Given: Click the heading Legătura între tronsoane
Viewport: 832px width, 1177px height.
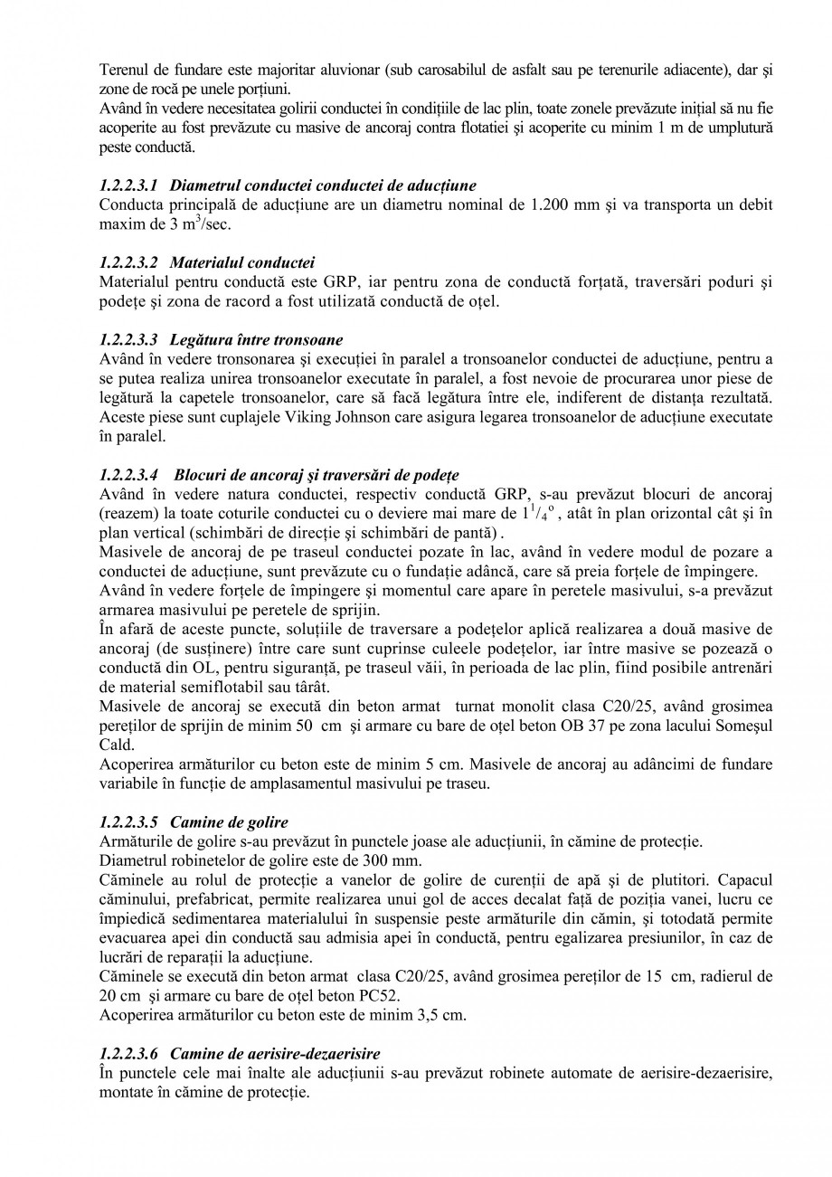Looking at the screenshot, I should point(256,340).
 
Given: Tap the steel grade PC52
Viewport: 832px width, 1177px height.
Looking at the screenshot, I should point(379,996).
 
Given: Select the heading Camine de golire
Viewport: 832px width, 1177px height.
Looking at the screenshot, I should point(229,822).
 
